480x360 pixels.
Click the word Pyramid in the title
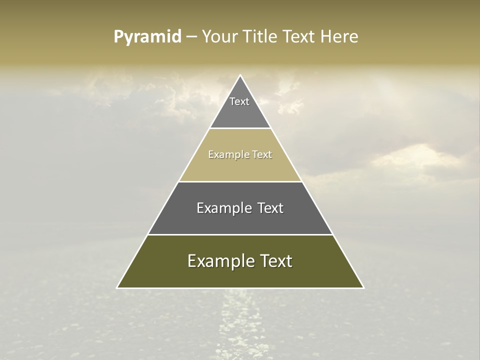[x=147, y=37]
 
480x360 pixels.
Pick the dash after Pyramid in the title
[x=191, y=37]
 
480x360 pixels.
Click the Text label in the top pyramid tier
[x=239, y=102]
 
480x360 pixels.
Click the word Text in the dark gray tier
[x=270, y=208]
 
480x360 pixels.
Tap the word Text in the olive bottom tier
[x=275, y=261]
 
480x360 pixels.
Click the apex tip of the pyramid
[x=240, y=75]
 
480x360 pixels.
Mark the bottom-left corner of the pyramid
[x=117, y=287]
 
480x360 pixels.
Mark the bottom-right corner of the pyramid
[x=363, y=287]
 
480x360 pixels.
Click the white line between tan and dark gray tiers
[x=240, y=181]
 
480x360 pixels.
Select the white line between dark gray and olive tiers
[x=240, y=234]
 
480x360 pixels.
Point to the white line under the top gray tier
[x=240, y=128]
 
